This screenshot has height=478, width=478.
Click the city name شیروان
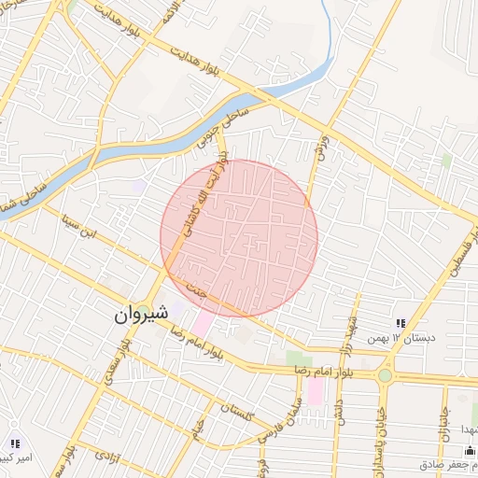141,315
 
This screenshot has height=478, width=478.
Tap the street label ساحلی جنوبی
217,127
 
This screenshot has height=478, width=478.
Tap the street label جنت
196,290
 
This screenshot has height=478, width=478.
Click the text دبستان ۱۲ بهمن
401,337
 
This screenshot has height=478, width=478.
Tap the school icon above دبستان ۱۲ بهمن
401,323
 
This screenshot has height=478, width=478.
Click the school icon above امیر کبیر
14,442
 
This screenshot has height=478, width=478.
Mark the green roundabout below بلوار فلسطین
385,375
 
